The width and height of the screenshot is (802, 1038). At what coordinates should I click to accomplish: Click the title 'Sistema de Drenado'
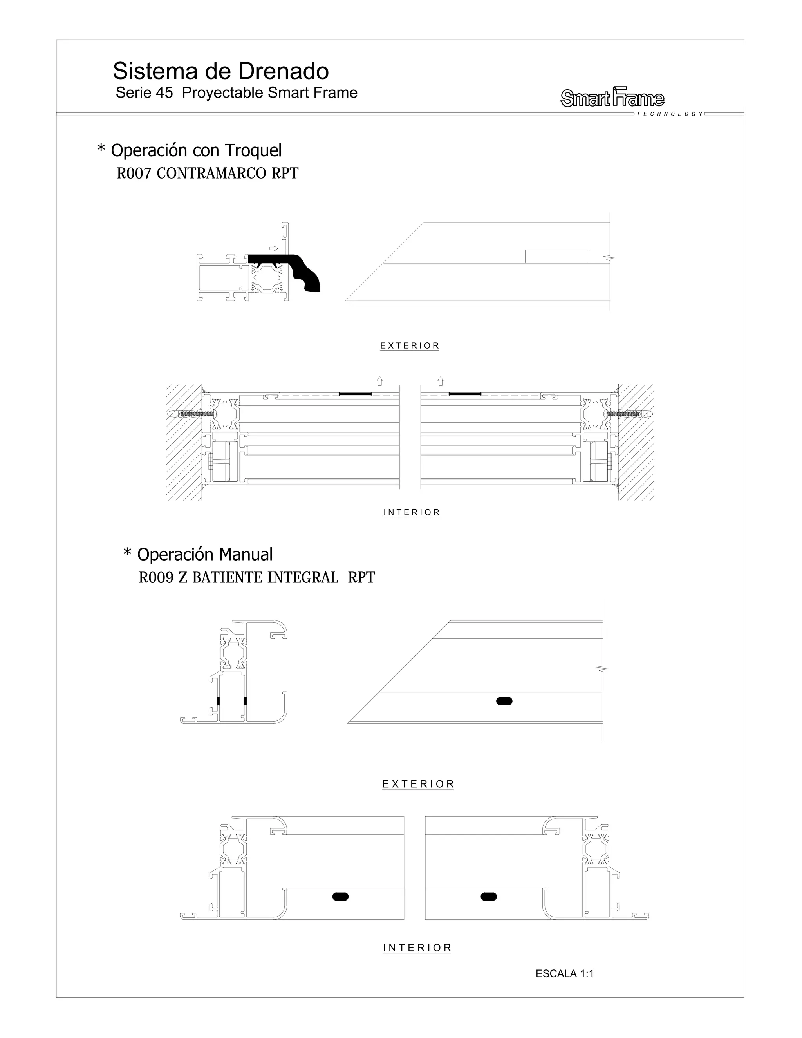pyautogui.click(x=220, y=71)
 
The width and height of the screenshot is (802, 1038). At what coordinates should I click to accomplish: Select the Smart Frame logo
pyautogui.click(x=612, y=98)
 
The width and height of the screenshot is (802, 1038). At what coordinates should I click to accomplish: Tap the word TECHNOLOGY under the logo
pyautogui.click(x=670, y=114)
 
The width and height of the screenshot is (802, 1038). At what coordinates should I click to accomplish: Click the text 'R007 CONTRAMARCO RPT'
pyautogui.click(x=208, y=174)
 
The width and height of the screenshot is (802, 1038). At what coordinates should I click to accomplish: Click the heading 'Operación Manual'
pyautogui.click(x=205, y=554)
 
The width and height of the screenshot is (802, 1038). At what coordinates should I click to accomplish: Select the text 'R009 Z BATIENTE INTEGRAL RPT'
pyautogui.click(x=256, y=577)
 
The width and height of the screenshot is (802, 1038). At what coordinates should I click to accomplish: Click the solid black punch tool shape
pyautogui.click(x=290, y=271)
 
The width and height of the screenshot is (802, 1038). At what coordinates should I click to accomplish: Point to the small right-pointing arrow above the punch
pyautogui.click(x=274, y=248)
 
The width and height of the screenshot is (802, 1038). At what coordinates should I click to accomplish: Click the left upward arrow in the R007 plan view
pyautogui.click(x=379, y=381)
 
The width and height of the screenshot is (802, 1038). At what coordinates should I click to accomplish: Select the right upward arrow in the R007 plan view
pyautogui.click(x=441, y=381)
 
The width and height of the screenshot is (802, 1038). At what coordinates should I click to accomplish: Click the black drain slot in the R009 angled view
pyautogui.click(x=504, y=701)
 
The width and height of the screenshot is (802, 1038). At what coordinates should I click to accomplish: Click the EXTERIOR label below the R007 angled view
pyautogui.click(x=410, y=345)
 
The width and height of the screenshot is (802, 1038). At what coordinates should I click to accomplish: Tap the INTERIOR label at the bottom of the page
pyautogui.click(x=417, y=948)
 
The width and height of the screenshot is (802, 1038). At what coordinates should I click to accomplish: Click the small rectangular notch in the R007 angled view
pyautogui.click(x=557, y=256)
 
